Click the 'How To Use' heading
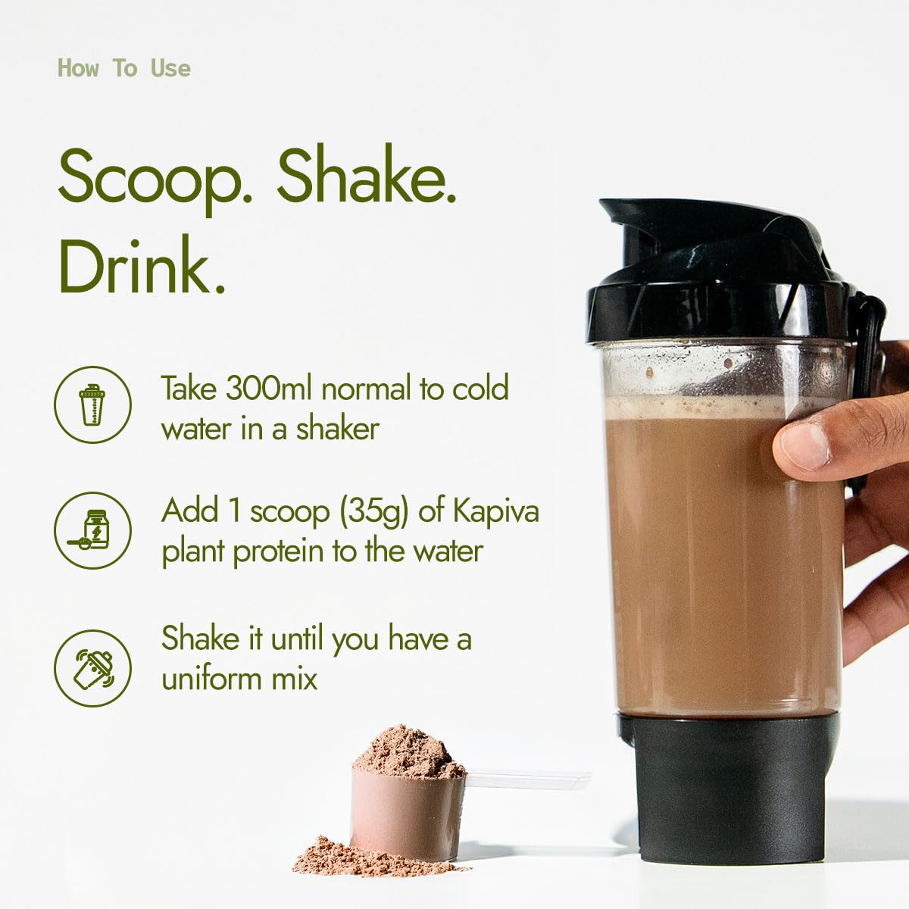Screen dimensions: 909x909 (124, 68)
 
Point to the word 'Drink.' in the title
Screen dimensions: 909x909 (142, 264)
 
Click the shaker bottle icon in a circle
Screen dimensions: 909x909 (92, 405)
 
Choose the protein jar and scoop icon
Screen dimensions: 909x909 (92, 531)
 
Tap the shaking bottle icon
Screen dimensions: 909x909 (92, 668)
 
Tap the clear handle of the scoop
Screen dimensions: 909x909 (528, 780)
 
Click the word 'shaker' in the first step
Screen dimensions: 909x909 (337, 430)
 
